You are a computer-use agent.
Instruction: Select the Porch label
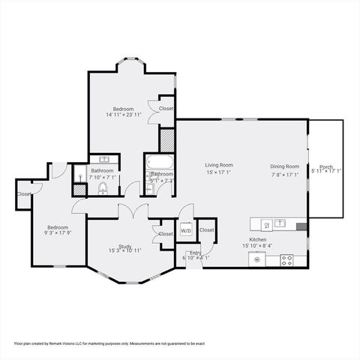click(325, 166)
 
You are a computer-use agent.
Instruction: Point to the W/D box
click(186, 230)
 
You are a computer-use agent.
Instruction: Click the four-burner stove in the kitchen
click(286, 260)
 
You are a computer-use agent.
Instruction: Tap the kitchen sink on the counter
click(280, 223)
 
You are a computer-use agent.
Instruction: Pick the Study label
click(124, 246)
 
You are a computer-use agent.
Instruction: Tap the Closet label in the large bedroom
click(166, 109)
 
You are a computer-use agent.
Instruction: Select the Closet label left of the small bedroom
click(25, 194)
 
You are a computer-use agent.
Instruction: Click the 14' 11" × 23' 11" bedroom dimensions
click(124, 115)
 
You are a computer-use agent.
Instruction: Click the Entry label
click(194, 253)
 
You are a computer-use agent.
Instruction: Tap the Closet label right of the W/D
click(206, 230)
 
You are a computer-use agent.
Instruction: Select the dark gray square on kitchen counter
click(301, 225)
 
